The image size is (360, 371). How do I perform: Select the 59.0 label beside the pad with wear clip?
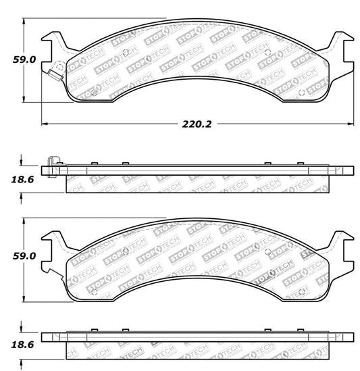(24, 59)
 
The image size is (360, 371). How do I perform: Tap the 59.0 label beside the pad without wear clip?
(24, 257)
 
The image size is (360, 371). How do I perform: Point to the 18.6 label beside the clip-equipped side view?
(24, 179)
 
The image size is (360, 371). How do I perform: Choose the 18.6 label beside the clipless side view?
(24, 345)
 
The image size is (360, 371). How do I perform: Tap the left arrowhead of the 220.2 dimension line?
(45, 124)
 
